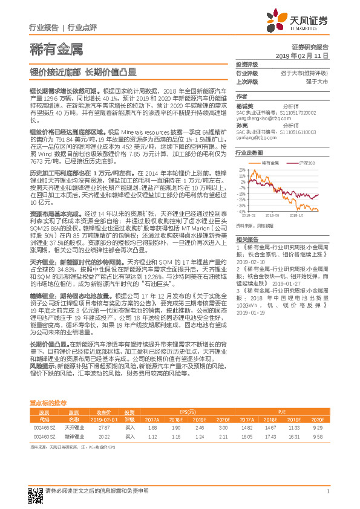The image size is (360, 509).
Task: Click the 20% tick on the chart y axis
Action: pyautogui.click(x=243, y=170)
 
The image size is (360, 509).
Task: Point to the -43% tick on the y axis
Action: pyautogui.click(x=242, y=211)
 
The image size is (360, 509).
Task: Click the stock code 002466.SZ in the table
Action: pyautogui.click(x=44, y=427)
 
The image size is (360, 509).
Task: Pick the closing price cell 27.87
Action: pyautogui.click(x=103, y=427)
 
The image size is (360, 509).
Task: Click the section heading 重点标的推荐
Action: pyautogui.click(x=49, y=402)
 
